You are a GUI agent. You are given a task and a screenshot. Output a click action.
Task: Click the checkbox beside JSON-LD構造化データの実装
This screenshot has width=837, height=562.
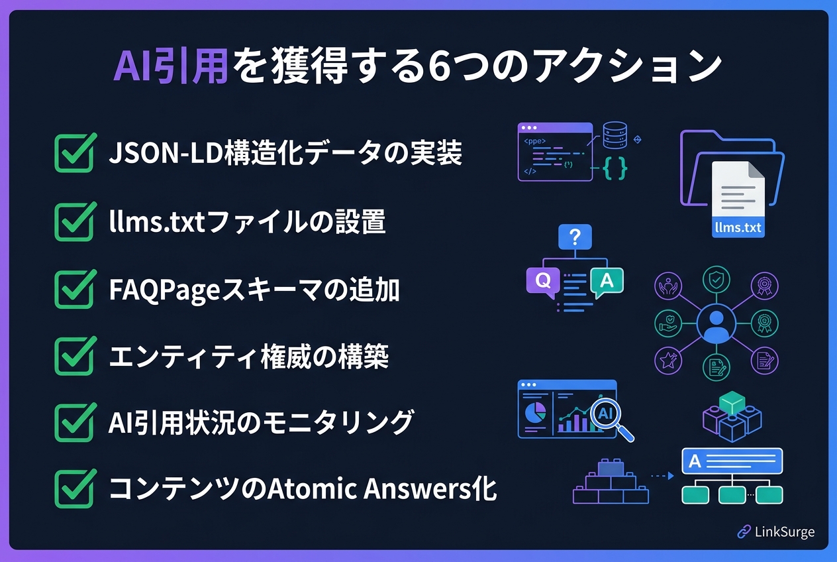(75, 152)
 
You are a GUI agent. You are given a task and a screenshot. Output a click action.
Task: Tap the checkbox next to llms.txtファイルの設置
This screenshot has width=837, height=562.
(75, 221)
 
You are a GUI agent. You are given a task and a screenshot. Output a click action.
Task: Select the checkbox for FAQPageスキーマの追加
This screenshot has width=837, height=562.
(75, 289)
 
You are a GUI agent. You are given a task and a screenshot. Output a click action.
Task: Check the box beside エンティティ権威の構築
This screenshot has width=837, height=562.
(75, 356)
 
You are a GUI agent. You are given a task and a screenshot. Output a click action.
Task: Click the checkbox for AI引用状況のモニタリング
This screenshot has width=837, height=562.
(75, 422)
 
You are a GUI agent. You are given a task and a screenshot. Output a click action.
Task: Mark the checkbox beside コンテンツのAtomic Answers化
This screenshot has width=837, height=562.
(75, 488)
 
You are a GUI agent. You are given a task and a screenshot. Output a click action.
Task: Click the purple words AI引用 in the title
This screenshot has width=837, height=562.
(170, 66)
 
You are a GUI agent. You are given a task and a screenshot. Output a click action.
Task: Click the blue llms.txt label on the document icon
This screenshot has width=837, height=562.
(738, 227)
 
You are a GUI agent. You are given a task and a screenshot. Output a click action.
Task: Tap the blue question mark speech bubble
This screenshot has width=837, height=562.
(575, 237)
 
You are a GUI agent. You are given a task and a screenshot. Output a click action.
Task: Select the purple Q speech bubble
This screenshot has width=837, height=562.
(543, 281)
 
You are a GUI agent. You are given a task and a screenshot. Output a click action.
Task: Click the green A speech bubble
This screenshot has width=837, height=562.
(607, 281)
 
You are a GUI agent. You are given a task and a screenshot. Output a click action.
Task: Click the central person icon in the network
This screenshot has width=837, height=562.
(716, 324)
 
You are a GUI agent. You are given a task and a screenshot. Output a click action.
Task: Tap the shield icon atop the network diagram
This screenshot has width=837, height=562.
(716, 279)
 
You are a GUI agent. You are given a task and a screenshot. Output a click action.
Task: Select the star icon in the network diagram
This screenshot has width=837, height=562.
(668, 361)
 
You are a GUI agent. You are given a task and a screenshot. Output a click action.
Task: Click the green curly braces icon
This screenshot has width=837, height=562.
(615, 168)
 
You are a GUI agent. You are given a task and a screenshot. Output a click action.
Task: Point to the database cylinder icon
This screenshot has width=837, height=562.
(615, 135)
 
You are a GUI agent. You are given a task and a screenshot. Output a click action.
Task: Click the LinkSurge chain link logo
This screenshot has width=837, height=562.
(744, 532)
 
